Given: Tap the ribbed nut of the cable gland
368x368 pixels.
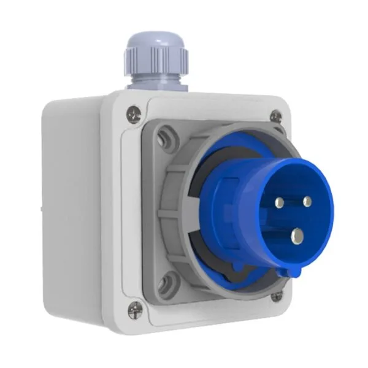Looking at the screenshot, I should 156,61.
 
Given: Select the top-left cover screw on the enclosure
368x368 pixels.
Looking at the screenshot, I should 134,113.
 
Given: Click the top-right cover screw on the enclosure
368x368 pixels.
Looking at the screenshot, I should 276,116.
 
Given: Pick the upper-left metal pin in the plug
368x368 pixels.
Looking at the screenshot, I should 280,203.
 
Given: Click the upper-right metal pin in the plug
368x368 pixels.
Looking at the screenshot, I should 307,201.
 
